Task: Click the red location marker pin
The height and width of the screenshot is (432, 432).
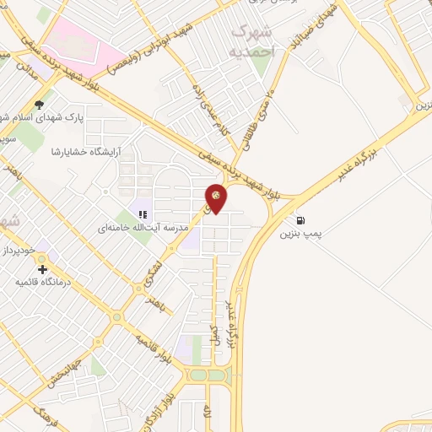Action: click(217, 198)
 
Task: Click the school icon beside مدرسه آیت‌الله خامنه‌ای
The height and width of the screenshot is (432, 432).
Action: click(143, 215)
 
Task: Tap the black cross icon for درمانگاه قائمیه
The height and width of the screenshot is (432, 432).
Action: click(43, 269)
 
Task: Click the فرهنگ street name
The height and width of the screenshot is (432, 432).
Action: click(40, 415)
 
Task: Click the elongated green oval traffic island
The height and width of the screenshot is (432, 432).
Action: click(208, 375)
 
